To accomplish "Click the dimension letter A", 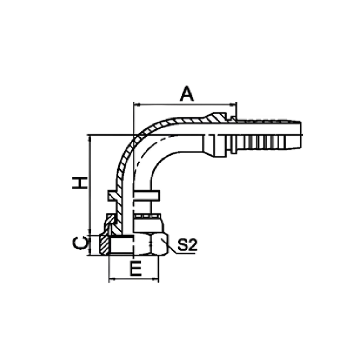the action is [187, 94].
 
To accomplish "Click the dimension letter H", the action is [80, 183].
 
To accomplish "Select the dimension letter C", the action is [80, 243].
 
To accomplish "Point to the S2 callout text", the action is [187, 245].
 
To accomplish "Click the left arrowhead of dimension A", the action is [137, 105].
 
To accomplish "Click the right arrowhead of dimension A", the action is [233, 105].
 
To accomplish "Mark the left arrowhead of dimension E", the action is [112, 279].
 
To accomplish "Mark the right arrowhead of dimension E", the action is [155, 279].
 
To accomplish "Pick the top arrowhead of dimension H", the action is [90, 138].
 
